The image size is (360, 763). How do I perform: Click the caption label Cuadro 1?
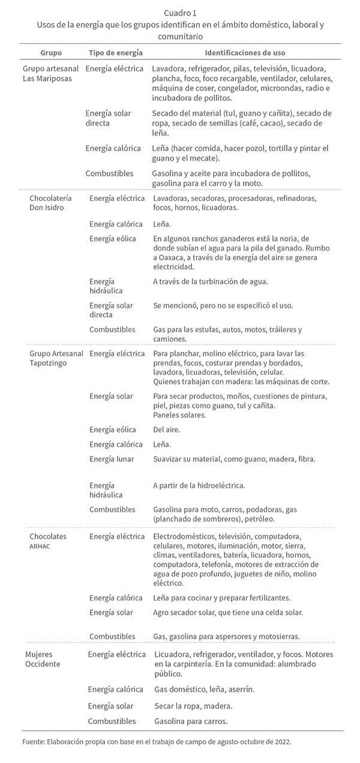tap(180, 13)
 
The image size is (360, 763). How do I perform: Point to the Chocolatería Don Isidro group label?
tap(50, 203)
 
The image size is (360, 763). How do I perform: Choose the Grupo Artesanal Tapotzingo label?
tap(56, 358)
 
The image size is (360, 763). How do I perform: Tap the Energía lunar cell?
tap(112, 459)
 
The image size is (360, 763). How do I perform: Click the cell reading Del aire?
tap(166, 429)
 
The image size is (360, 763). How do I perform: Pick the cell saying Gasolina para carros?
tap(190, 722)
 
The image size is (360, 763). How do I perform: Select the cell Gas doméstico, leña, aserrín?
tap(204, 689)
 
